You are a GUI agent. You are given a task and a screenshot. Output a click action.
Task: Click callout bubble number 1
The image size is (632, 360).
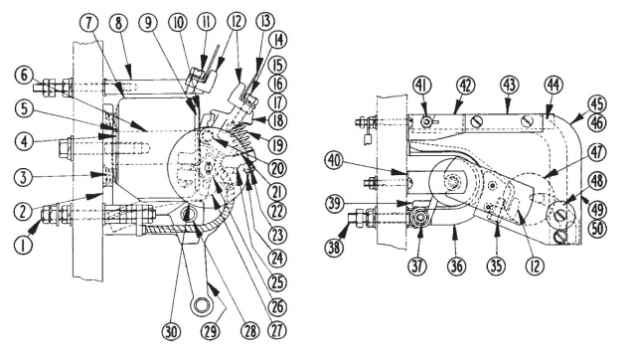(x=23, y=245)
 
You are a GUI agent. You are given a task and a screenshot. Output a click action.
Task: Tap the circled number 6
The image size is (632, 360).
(x=24, y=76)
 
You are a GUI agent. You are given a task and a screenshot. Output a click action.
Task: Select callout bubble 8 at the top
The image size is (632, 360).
(x=118, y=24)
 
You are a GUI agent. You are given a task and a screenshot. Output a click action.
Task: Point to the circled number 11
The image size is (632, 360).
(x=207, y=23)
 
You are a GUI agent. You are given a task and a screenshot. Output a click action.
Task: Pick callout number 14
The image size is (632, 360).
(x=278, y=41)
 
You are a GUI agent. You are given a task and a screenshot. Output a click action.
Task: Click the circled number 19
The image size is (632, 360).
(x=277, y=146)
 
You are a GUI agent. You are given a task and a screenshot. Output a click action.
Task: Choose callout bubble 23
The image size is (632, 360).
(x=277, y=236)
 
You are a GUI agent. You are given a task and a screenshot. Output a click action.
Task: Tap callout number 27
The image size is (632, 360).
(x=277, y=330)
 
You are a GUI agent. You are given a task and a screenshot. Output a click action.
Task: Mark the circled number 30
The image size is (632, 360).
(x=172, y=332)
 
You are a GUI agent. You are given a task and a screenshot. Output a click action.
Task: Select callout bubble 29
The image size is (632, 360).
(x=211, y=332)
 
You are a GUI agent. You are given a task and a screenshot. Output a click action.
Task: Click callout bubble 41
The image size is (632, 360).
(x=422, y=86)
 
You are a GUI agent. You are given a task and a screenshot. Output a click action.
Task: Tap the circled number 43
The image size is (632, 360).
(x=510, y=86)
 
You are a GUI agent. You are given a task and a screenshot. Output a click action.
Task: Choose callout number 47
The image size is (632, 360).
(x=597, y=153)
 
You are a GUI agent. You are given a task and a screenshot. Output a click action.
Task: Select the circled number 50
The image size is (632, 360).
(x=597, y=229)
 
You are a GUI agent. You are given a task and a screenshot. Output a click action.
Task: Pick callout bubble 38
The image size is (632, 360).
(x=334, y=248)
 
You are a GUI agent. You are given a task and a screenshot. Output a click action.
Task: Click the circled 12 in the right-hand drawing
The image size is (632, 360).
(x=535, y=267)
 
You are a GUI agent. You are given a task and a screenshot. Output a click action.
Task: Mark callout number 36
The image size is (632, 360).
(x=457, y=267)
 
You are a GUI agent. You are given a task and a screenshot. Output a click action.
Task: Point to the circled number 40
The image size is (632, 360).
(x=335, y=161)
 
